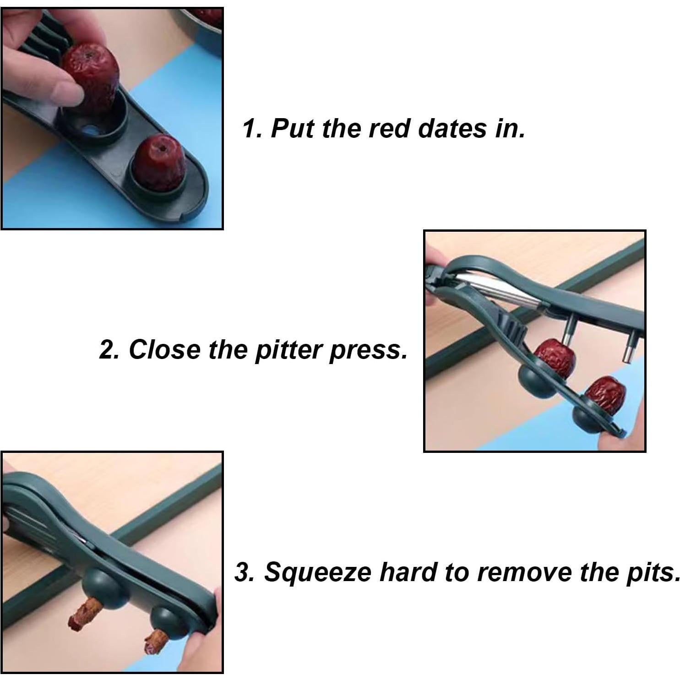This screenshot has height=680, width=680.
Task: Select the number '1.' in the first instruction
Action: click(253, 129)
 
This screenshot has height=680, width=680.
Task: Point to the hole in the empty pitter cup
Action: click(93, 130)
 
